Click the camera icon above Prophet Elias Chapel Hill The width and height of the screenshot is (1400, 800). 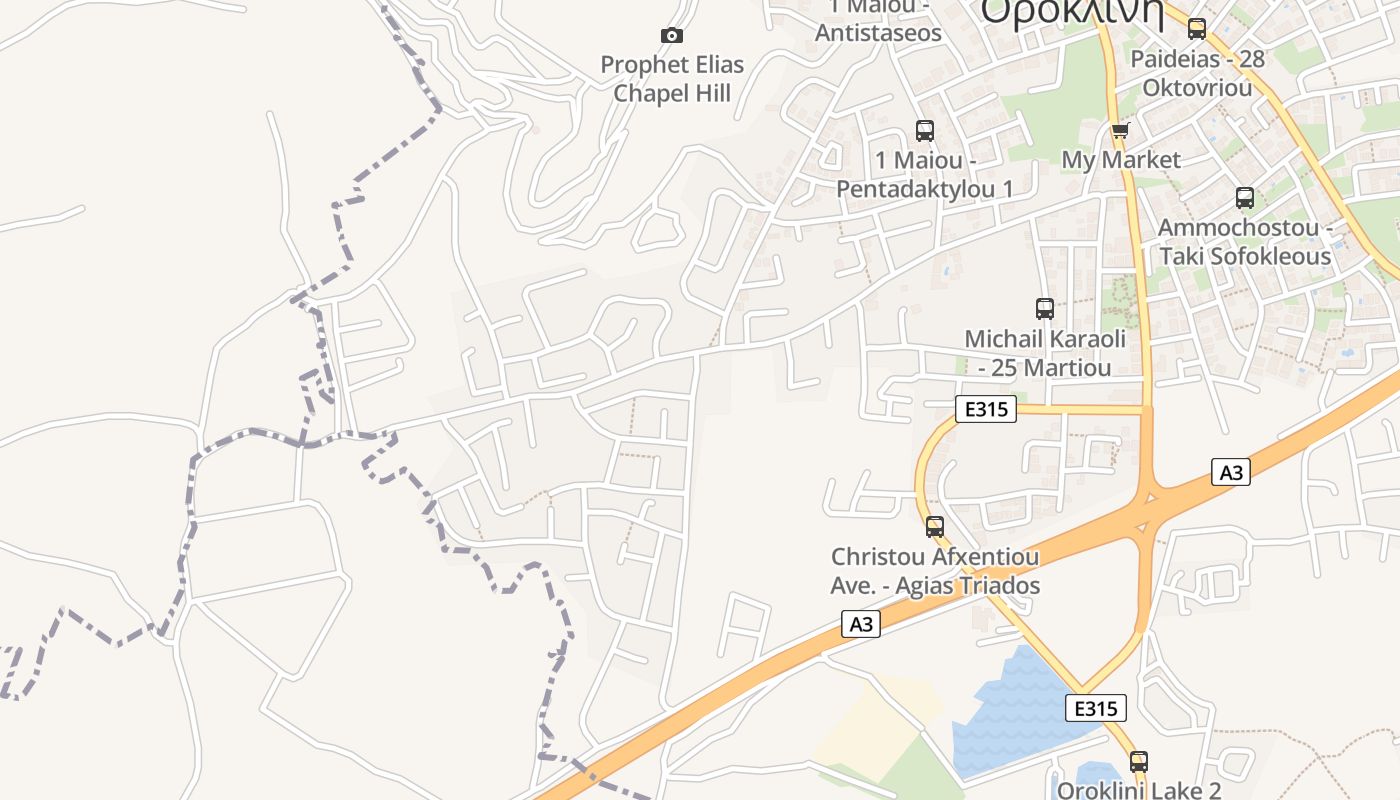[x=672, y=36]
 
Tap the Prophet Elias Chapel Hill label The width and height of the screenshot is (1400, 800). [x=672, y=79]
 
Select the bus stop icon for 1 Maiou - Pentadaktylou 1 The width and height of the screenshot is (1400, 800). [x=925, y=130]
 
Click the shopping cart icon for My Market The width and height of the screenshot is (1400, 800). [x=1120, y=130]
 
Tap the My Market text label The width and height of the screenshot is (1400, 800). [x=1120, y=160]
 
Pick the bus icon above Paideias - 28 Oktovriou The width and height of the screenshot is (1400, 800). [x=1197, y=29]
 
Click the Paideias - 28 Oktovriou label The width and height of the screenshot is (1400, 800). [x=1197, y=73]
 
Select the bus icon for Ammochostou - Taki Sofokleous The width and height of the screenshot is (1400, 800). [x=1245, y=198]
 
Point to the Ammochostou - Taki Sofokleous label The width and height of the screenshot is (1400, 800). [x=1245, y=242]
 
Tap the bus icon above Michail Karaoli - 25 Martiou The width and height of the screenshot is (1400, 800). [x=1045, y=309]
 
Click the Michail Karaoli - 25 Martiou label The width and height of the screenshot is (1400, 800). [x=1045, y=353]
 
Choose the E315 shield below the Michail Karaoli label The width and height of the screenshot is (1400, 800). [x=986, y=409]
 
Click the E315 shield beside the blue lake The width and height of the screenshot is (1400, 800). [x=1096, y=708]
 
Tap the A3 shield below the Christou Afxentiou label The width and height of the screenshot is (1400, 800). [x=860, y=625]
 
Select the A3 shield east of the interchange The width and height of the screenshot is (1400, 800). [x=1231, y=472]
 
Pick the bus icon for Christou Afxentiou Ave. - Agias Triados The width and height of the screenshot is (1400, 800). [x=935, y=526]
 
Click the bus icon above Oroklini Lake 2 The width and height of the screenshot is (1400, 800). [x=1138, y=761]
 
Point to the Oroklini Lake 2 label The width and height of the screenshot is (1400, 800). [x=1139, y=790]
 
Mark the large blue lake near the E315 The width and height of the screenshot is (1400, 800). [x=1010, y=715]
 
